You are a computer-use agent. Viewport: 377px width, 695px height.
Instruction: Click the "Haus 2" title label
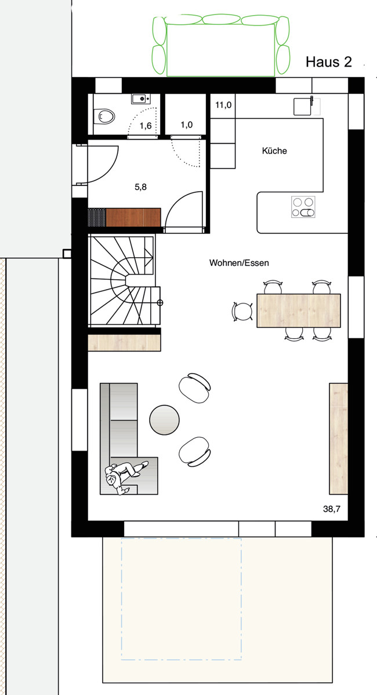coord(328,63)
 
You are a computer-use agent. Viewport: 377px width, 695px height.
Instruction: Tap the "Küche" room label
coord(274,151)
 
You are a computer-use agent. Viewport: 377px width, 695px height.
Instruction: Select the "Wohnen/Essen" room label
coord(239,262)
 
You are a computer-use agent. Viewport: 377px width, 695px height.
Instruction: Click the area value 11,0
coord(223,105)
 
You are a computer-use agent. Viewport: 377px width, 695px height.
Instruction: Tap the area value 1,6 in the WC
coord(145,125)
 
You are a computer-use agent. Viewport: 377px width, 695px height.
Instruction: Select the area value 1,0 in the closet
coord(186,125)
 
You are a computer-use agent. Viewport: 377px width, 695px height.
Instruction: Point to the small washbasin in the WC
coord(140,99)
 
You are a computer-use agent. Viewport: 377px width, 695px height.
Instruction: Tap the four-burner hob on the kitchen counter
coord(303,207)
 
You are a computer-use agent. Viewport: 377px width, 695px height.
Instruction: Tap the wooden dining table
coord(298,310)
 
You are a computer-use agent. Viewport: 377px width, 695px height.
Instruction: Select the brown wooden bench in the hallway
coord(133,217)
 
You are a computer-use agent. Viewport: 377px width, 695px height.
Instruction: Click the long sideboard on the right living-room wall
coord(338,438)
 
